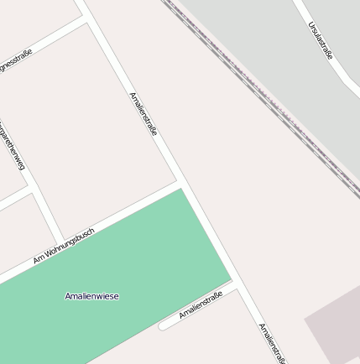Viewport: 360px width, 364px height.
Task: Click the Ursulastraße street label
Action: point(320,40)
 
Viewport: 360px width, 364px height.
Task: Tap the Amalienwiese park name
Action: point(91,296)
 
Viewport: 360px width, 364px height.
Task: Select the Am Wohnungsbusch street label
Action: point(64,246)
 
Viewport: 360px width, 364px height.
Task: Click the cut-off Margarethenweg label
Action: point(12,146)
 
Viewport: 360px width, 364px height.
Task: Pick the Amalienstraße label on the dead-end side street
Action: point(201,306)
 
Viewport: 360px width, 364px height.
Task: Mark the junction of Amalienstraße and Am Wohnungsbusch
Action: point(180,182)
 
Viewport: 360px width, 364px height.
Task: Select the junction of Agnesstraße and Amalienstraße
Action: point(86,19)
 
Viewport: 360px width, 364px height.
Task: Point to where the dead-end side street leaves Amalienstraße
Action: point(238,285)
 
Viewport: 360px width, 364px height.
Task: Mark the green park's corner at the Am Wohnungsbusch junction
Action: point(180,190)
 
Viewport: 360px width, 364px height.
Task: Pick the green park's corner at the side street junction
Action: point(230,281)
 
